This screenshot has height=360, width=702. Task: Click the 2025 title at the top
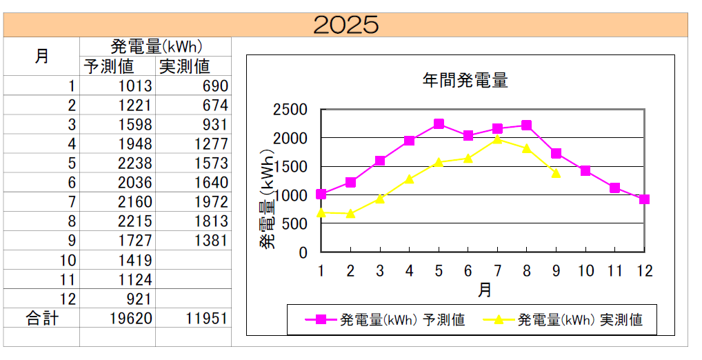point(345,25)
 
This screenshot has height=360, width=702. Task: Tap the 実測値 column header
point(184,67)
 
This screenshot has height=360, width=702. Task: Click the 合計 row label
point(42,318)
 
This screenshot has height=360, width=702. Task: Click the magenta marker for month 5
point(439,124)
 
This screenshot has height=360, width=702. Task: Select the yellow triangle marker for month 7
point(497,139)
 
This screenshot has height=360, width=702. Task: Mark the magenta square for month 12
point(644,199)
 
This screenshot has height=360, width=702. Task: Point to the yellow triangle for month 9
point(556,173)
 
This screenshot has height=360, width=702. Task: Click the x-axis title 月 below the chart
point(483,290)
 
